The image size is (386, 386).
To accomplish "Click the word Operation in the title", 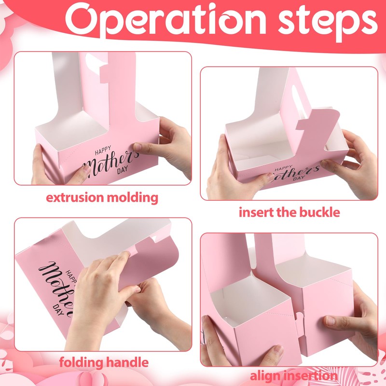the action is (x=165, y=20).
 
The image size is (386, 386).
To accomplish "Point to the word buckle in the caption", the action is (x=317, y=212).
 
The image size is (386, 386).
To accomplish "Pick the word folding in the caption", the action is (x=81, y=363).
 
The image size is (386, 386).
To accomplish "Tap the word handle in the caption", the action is (x=127, y=362).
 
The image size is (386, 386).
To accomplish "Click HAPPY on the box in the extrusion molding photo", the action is (x=103, y=151).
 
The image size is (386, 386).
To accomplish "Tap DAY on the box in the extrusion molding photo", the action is (x=123, y=170).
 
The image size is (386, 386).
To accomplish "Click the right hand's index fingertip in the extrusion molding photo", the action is (x=137, y=147).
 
